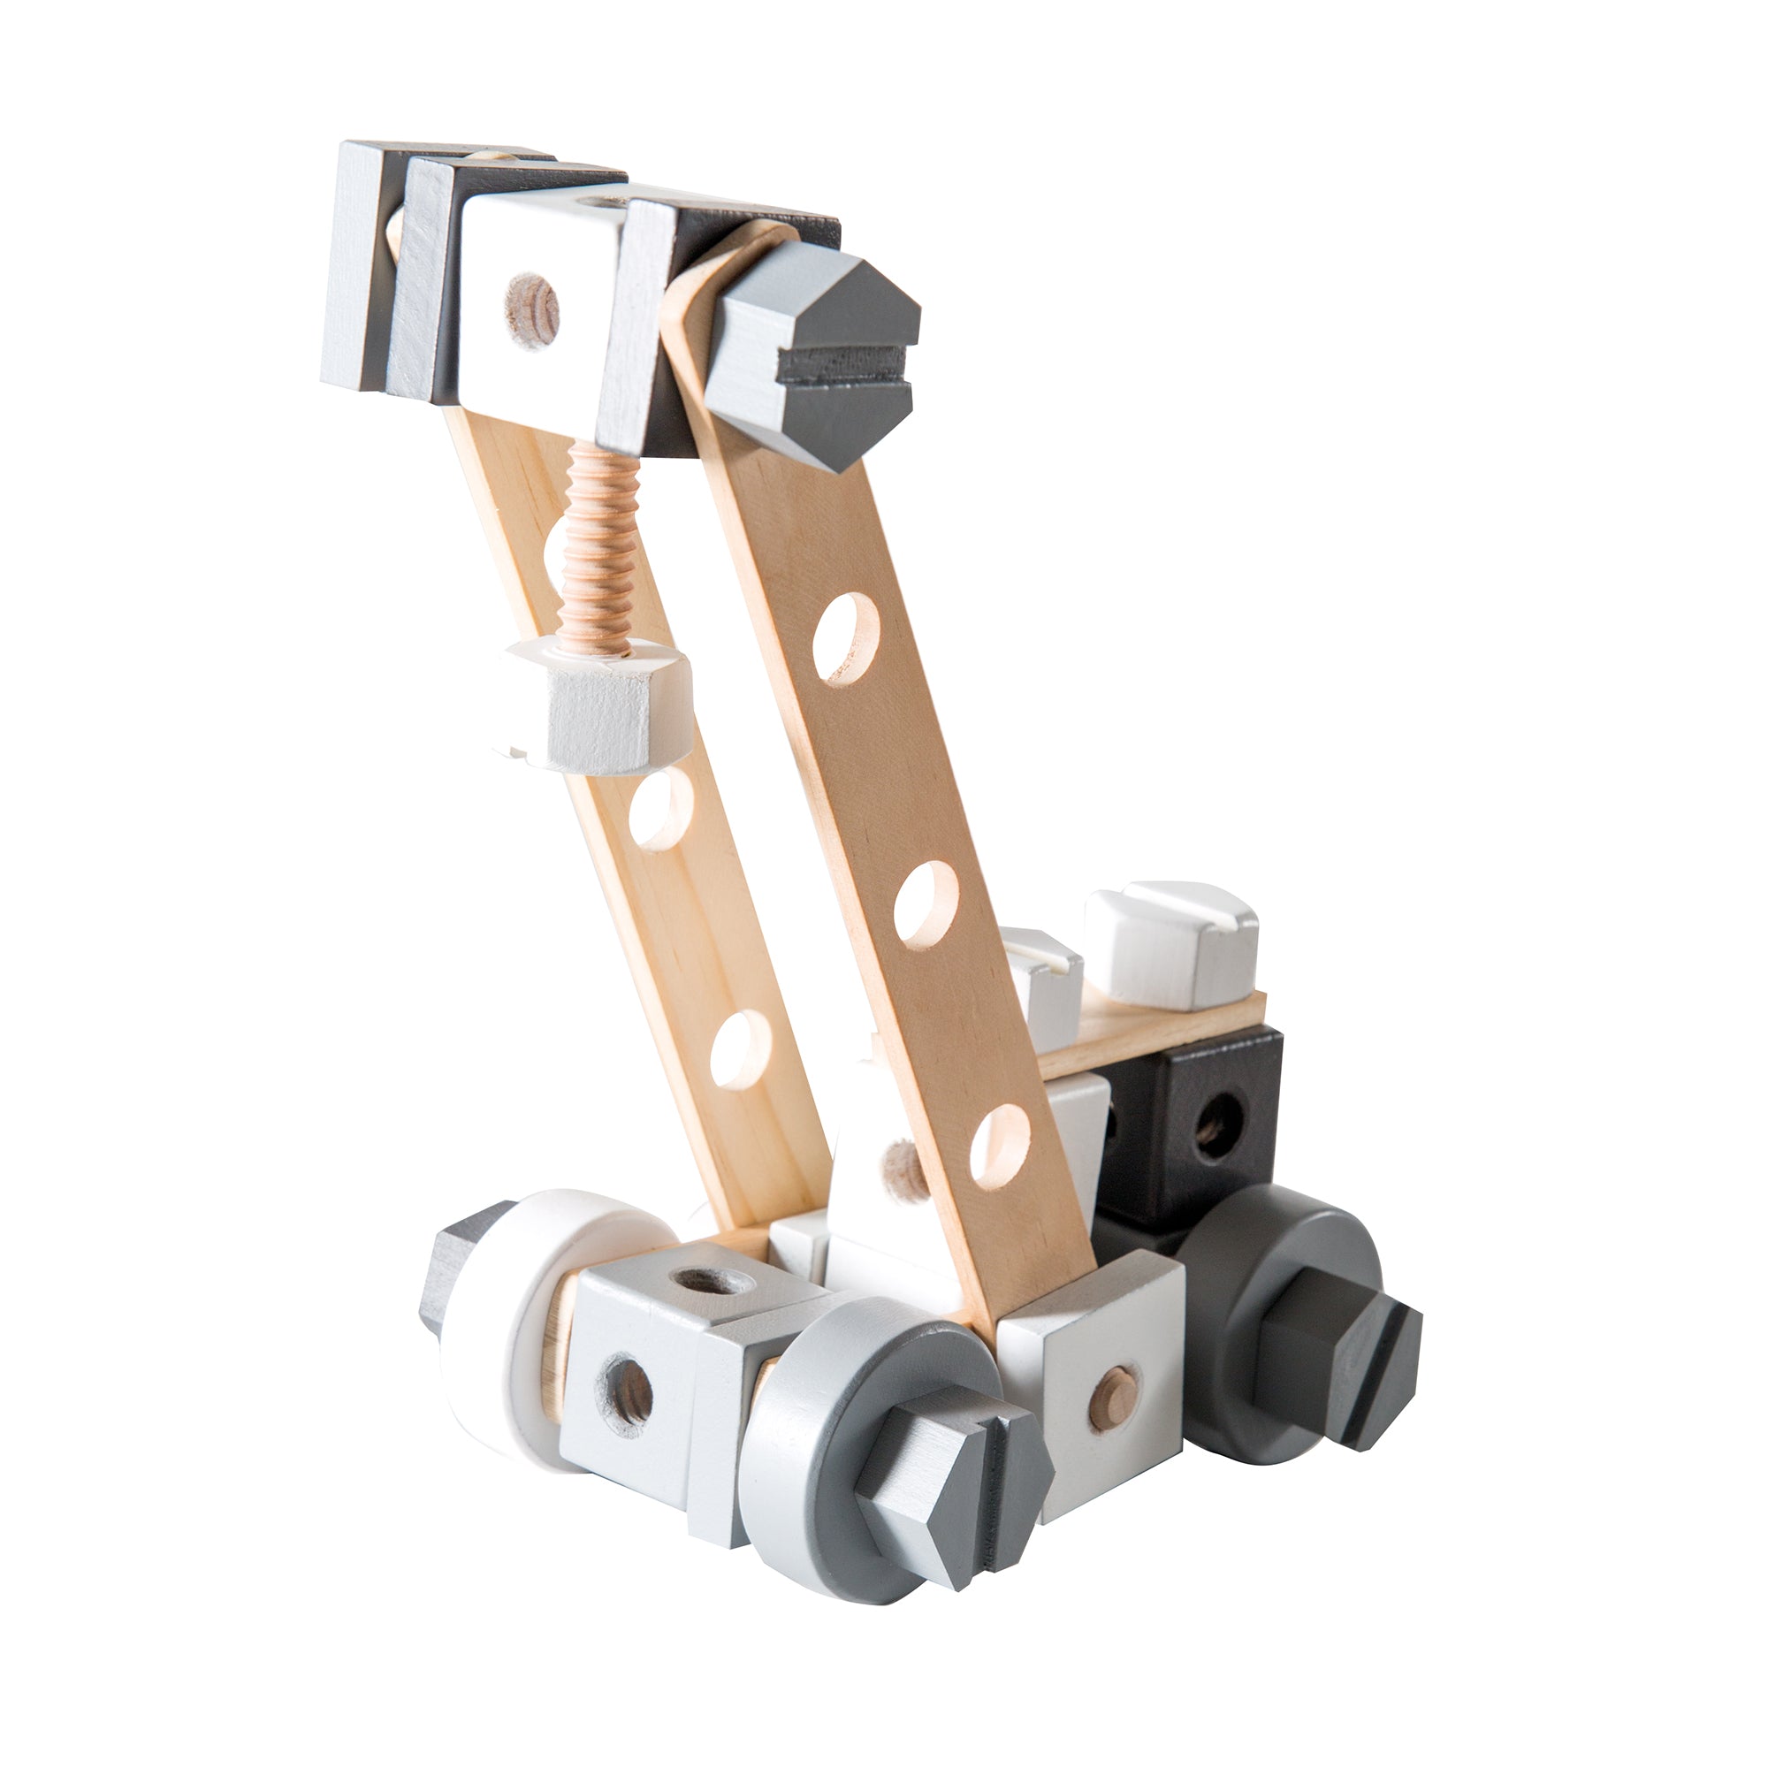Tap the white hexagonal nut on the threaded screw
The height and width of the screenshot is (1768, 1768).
pos(595,705)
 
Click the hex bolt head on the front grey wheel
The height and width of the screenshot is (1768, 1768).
pos(952,1474)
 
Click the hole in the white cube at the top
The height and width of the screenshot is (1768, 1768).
pos(532,310)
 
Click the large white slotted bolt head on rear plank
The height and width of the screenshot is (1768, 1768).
pos(1171,942)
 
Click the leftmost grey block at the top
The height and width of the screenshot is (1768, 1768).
pos(357,265)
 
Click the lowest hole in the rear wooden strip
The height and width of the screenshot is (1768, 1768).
pos(739,1048)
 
